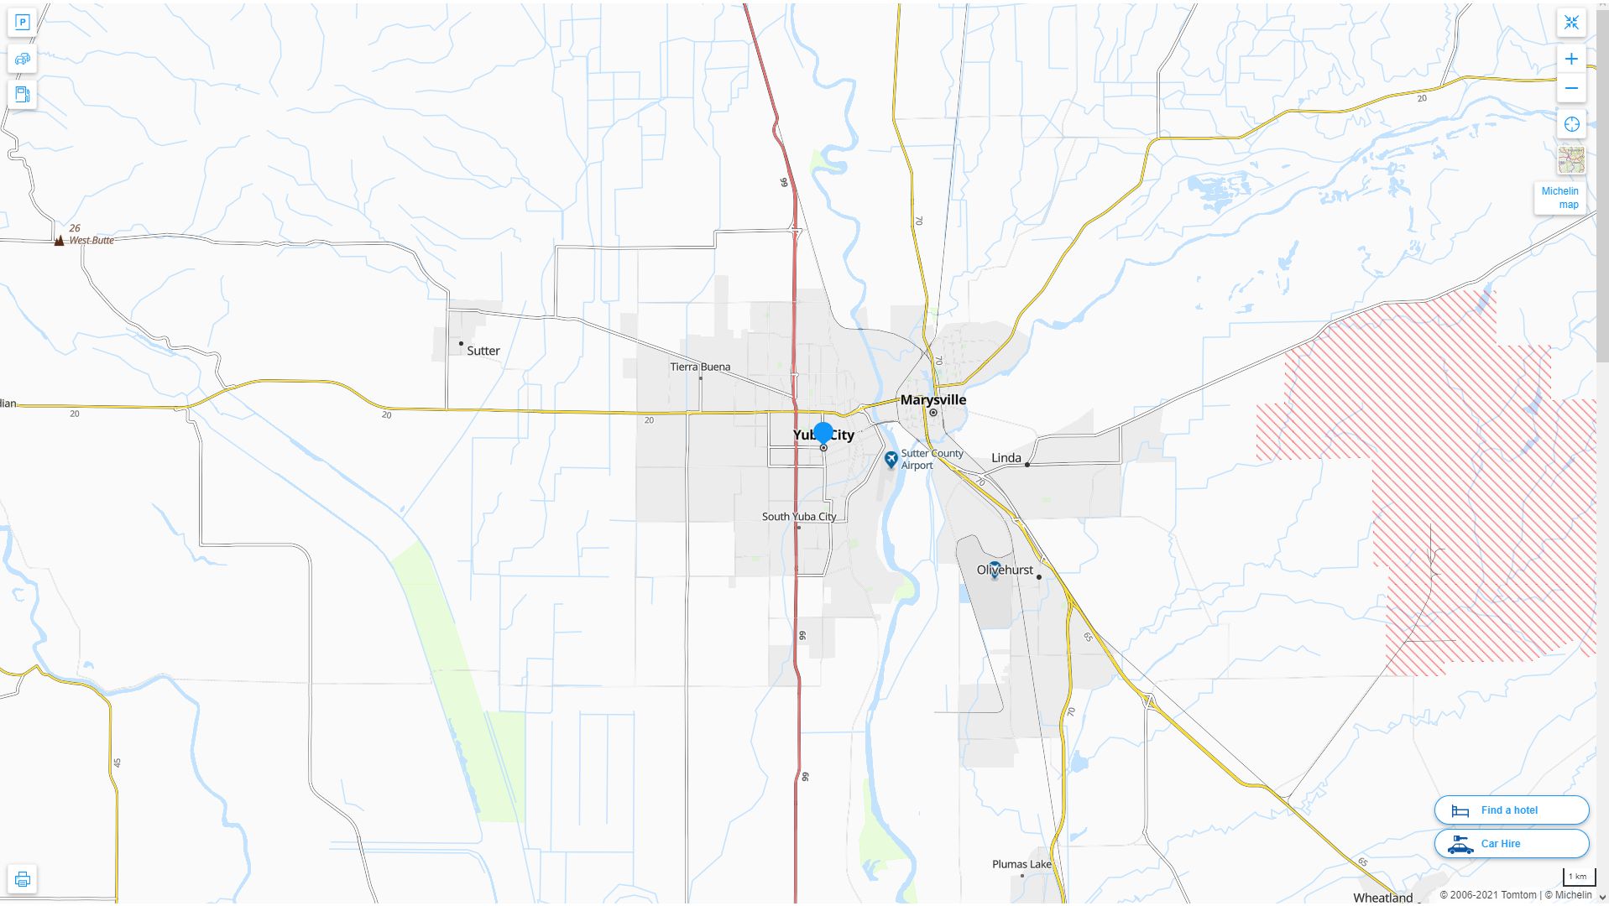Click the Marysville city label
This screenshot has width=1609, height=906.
tap(932, 400)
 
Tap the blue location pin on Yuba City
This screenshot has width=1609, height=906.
tap(823, 433)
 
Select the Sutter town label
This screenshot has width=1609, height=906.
tap(483, 351)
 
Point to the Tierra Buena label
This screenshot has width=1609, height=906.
tap(700, 367)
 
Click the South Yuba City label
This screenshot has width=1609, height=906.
tap(798, 517)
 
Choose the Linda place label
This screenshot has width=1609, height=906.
tap(1006, 458)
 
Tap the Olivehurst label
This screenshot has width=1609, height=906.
tap(1005, 570)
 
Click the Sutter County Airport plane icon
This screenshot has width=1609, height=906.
tap(891, 459)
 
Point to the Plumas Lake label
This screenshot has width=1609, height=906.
tap(1021, 864)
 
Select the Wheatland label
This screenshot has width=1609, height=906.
tap(1382, 898)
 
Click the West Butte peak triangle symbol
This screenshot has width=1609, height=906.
tap(59, 241)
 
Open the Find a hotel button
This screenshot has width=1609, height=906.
tap(1511, 810)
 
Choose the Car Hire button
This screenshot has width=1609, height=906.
tap(1511, 844)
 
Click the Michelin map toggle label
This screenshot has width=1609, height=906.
tap(1559, 198)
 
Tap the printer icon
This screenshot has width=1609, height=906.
tap(23, 879)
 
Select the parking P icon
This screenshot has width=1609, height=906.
tap(23, 23)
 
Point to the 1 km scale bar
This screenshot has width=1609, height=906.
tap(1577, 877)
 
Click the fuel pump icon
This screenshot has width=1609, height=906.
tap(23, 94)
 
